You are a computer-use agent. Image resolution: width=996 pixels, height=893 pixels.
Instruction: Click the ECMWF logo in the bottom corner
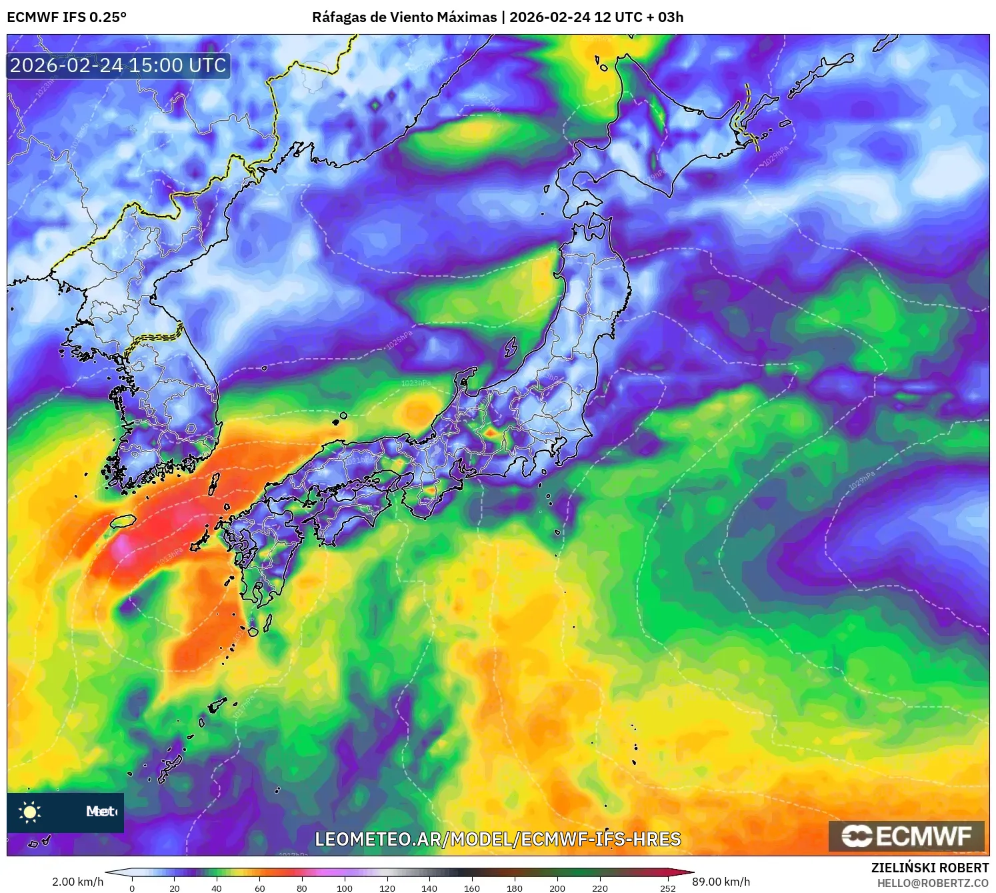[x=907, y=836]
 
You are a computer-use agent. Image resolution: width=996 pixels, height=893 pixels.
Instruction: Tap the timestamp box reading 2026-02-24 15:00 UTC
[x=118, y=65]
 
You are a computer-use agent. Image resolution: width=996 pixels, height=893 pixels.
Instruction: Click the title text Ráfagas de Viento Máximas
[x=404, y=17]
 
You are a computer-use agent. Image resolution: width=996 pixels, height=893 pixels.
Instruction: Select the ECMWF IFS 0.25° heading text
[x=67, y=17]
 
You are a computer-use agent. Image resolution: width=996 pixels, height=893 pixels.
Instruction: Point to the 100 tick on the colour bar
[x=344, y=888]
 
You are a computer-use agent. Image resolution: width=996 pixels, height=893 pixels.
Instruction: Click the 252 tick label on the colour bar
[x=668, y=888]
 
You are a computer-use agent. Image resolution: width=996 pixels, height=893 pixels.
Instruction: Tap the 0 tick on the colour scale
[x=132, y=888]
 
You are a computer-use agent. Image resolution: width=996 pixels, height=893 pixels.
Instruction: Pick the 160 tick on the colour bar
[x=471, y=888]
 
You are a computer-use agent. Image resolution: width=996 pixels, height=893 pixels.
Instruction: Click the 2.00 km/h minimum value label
[x=78, y=882]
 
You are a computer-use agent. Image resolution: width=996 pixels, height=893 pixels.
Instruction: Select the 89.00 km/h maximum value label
[x=721, y=882]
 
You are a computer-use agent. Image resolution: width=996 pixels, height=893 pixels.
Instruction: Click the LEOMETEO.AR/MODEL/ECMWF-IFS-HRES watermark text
[x=497, y=839]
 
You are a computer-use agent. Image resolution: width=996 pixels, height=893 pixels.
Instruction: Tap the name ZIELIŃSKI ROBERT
[x=930, y=868]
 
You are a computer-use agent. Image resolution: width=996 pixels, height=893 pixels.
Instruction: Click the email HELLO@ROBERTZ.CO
[x=933, y=883]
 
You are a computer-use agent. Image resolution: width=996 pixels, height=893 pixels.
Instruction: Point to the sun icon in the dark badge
[x=30, y=812]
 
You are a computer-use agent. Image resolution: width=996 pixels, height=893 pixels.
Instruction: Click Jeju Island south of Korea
[x=123, y=522]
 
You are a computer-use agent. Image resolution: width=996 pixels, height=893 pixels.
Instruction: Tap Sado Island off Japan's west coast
[x=511, y=347]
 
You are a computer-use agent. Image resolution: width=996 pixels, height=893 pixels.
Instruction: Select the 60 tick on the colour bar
[x=259, y=888]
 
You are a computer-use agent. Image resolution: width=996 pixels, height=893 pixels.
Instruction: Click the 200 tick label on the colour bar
[x=557, y=888]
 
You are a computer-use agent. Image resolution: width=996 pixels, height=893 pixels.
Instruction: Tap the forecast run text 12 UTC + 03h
[x=638, y=17]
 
